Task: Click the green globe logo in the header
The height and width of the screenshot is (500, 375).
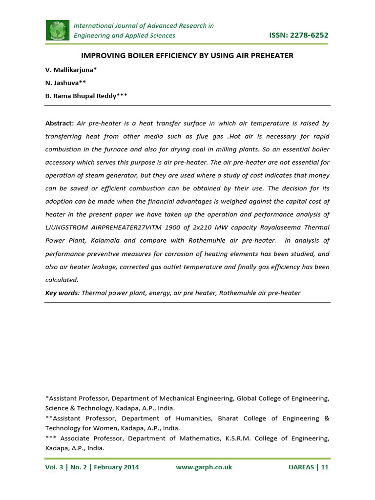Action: coord(58,30)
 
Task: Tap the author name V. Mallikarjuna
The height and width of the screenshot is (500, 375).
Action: coord(74,70)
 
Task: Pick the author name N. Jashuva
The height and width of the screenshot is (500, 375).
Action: coord(65,83)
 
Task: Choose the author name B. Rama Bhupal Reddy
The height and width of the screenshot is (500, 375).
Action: coord(86,96)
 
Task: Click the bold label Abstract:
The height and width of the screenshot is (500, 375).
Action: coord(60,124)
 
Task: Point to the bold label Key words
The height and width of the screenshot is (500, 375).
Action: coord(62,293)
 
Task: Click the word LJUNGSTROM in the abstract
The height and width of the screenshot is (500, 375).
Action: coord(68,228)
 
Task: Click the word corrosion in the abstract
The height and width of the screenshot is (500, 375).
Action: coord(169,254)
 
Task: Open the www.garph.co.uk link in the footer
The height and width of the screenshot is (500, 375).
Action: coord(204,467)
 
